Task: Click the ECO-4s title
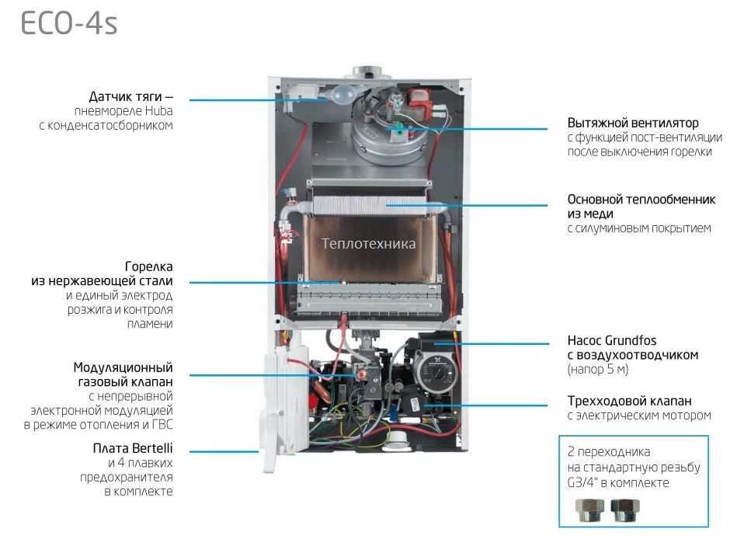coord(69,23)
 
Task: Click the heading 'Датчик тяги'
coord(126,97)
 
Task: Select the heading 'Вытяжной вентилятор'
coord(633,123)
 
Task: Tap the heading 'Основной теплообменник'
coord(641,200)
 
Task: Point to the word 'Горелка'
coord(149,267)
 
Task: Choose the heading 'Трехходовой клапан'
coord(629,402)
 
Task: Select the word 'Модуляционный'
coord(123,367)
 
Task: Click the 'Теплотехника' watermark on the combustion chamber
coord(368,243)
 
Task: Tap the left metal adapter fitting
coord(589,510)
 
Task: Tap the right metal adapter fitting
coord(624,510)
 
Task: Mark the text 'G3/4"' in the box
coord(582,483)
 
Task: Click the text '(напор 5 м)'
coord(598,370)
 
